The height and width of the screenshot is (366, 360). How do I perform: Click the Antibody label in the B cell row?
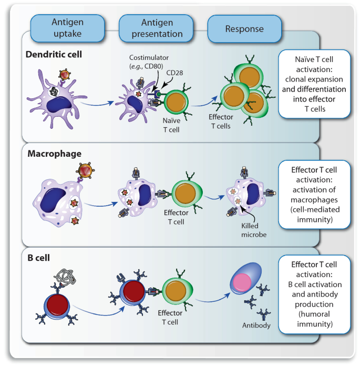click(x=257, y=326)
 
